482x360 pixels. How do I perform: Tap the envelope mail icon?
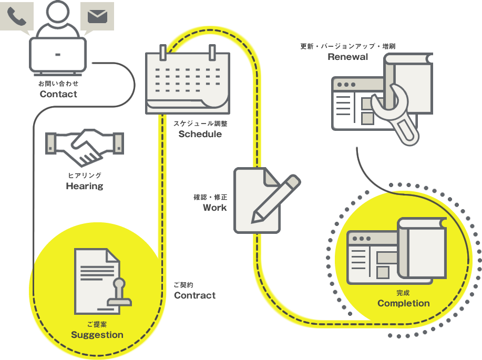97,16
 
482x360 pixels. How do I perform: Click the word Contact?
58,95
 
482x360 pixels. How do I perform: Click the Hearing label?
85,186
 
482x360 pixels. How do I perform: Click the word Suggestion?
97,335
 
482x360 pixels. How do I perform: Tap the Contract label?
195,295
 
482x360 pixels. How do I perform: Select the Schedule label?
200,134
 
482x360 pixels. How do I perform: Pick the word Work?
215,208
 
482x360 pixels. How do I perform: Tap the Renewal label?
347,57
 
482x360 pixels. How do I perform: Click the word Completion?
403,303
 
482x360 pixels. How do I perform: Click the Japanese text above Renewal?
347,46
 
